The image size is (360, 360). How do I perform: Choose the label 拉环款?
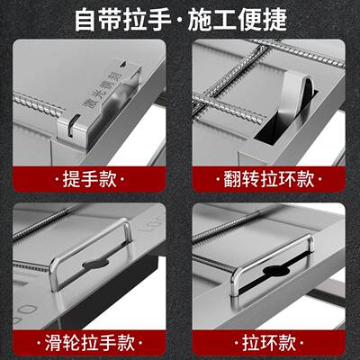coord(269,342)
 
